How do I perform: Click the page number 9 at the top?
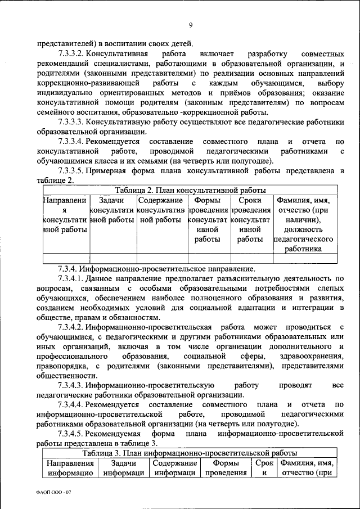tap(191, 24)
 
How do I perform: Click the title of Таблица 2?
tap(190, 190)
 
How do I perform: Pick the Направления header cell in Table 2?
tap(65, 219)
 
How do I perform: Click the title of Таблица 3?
tap(190, 453)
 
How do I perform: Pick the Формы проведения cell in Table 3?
tap(226, 467)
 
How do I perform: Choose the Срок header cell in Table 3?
tap(263, 467)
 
